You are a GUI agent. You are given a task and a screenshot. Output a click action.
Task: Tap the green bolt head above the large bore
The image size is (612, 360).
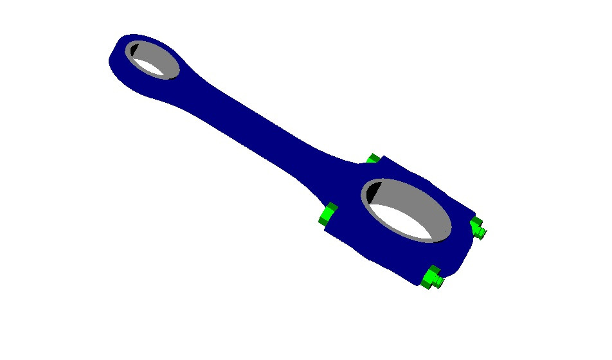click(x=372, y=158)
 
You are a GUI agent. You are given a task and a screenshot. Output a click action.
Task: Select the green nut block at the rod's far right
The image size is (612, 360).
click(x=475, y=224)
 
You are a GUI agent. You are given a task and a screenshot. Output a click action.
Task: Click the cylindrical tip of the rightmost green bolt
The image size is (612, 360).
click(x=482, y=232)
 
